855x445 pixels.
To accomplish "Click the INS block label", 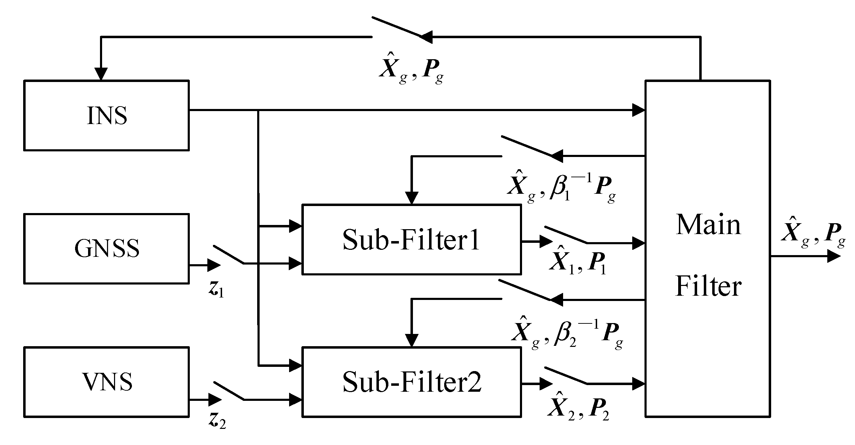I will coord(107,116).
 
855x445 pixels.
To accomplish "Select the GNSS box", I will coord(107,248).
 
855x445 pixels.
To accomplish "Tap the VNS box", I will coord(107,382).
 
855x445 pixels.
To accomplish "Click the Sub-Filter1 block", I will coord(411,240).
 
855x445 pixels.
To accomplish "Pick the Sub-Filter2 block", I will coord(411,382).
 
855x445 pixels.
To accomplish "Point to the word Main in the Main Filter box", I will coord(708,225).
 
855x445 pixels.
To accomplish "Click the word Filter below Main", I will coord(708,286).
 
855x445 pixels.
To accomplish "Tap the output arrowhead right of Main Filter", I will coord(834,256).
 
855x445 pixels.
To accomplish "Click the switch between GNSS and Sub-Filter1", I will coord(229,255).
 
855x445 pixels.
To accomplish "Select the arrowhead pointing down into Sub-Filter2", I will coord(412,340).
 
